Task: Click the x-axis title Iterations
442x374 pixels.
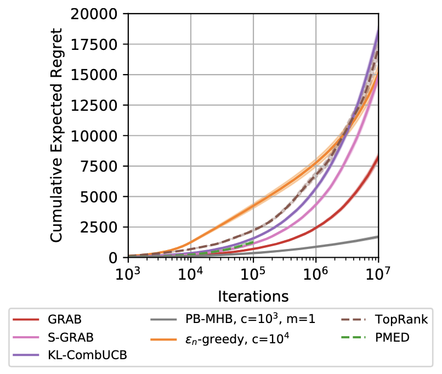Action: pyautogui.click(x=253, y=297)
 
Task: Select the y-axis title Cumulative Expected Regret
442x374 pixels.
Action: pyautogui.click(x=57, y=134)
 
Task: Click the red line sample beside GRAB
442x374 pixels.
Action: pyautogui.click(x=25, y=318)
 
